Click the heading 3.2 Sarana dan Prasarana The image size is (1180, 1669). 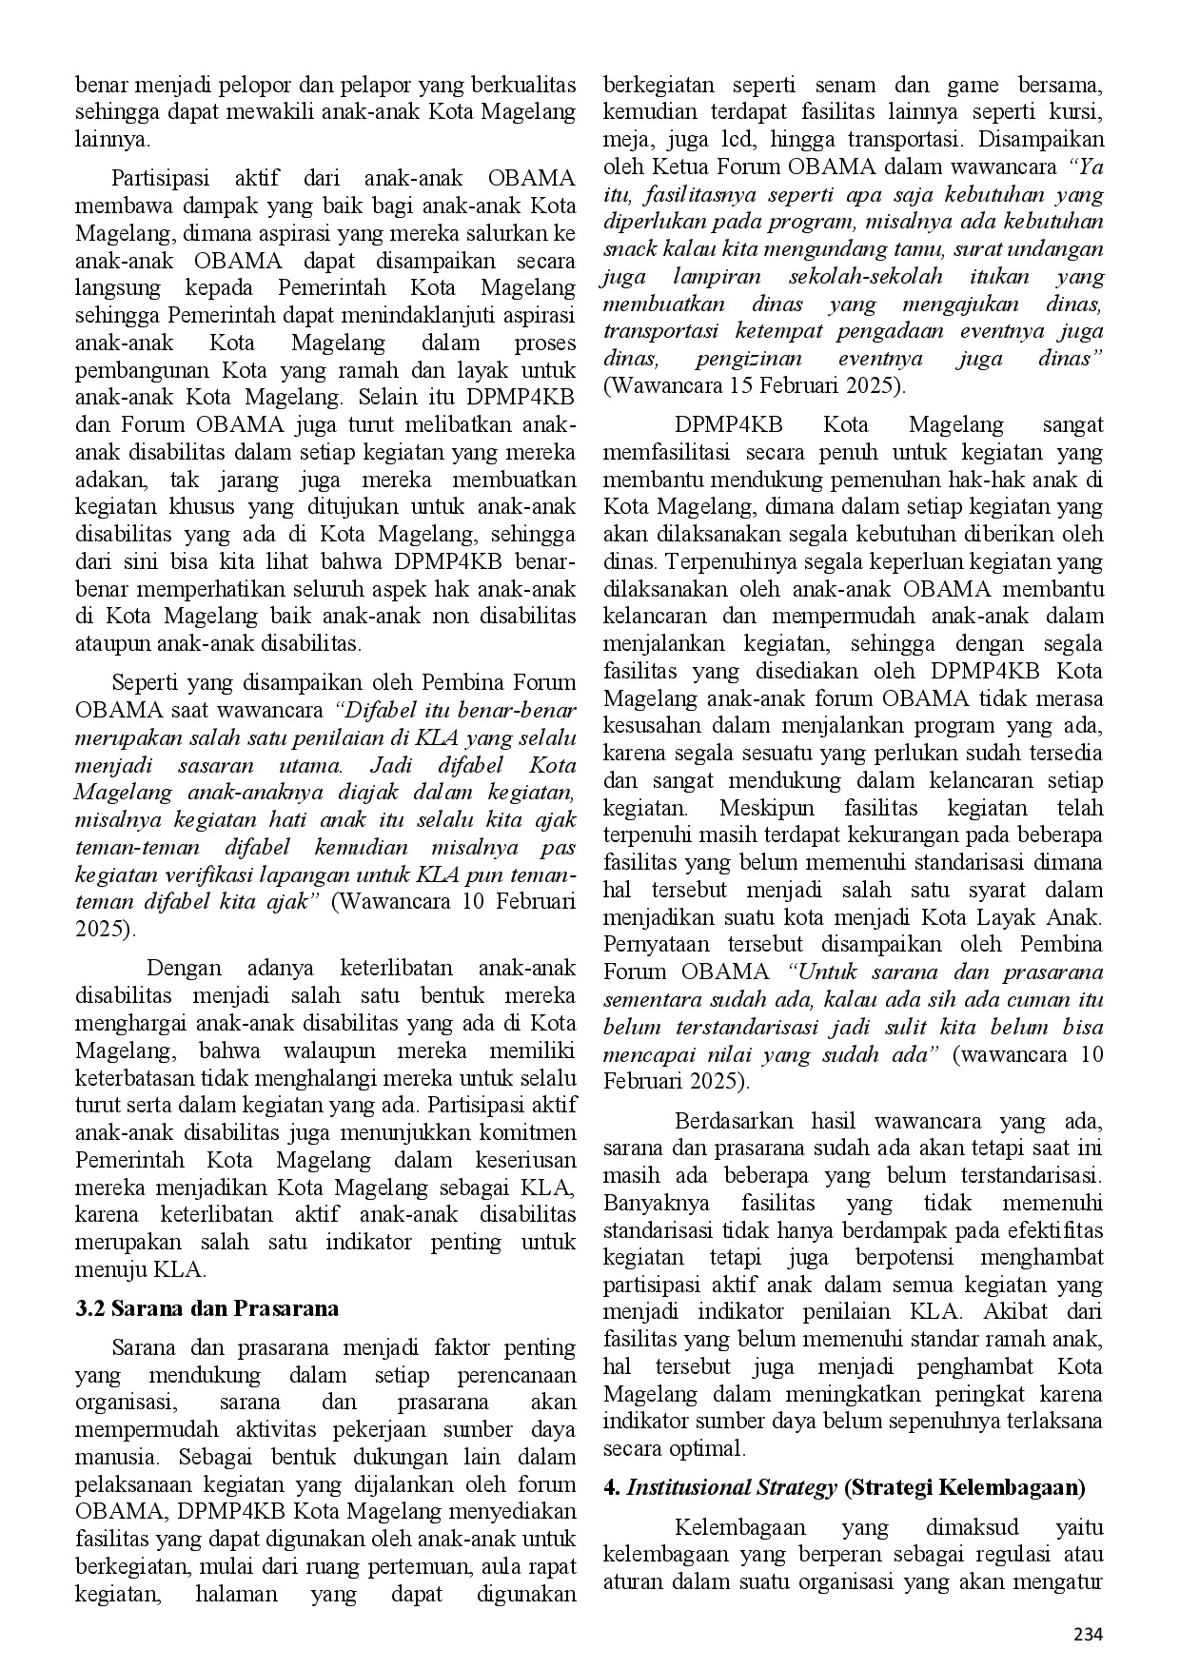pos(206,1308)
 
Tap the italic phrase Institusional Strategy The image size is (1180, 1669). pos(731,1487)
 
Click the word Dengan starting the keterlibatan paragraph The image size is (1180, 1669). pos(184,969)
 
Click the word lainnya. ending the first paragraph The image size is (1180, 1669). pos(112,139)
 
